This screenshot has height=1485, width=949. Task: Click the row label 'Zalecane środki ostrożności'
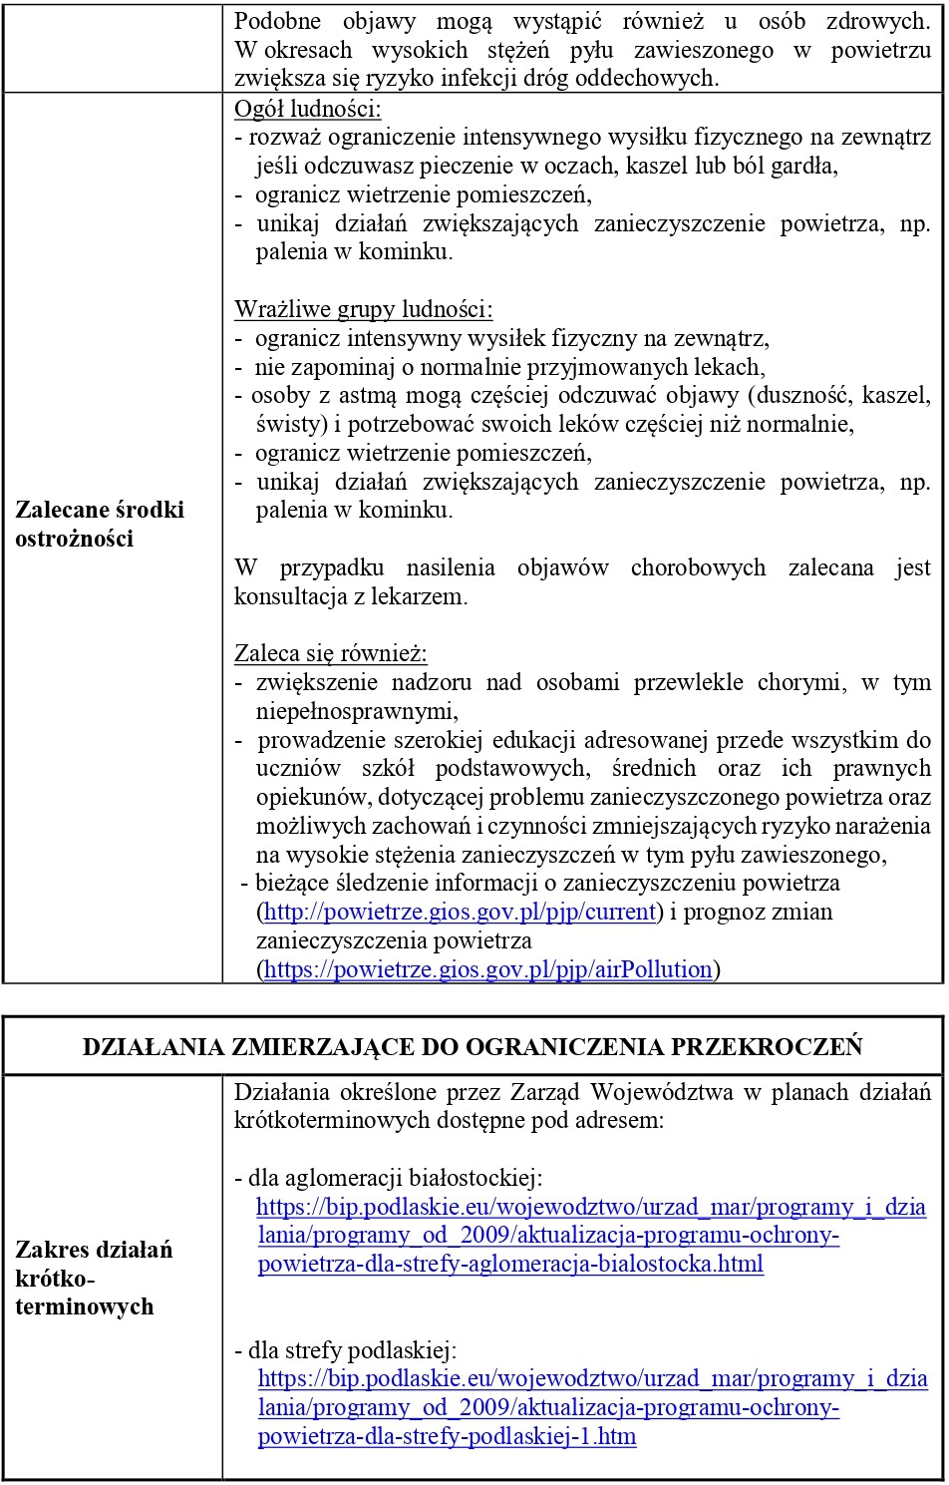tap(100, 525)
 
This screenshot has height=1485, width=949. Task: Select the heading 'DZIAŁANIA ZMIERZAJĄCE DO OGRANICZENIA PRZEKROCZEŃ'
tap(473, 1046)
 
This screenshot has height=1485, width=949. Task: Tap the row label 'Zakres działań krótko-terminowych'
tap(94, 1278)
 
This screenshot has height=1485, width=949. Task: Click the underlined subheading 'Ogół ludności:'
tap(308, 109)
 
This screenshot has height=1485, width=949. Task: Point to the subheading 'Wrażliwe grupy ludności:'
tap(364, 309)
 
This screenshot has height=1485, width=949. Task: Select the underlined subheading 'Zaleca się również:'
tap(331, 654)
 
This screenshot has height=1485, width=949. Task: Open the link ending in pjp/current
tap(460, 912)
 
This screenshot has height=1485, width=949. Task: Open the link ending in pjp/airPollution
tap(488, 969)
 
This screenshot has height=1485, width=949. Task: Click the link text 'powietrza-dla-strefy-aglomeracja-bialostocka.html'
tap(510, 1265)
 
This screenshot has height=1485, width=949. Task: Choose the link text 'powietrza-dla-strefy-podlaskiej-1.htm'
tap(447, 1437)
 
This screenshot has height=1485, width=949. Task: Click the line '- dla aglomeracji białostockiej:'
tap(389, 1178)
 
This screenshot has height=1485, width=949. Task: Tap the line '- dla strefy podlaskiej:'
tap(346, 1350)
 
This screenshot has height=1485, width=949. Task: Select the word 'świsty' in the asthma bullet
tap(285, 425)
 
